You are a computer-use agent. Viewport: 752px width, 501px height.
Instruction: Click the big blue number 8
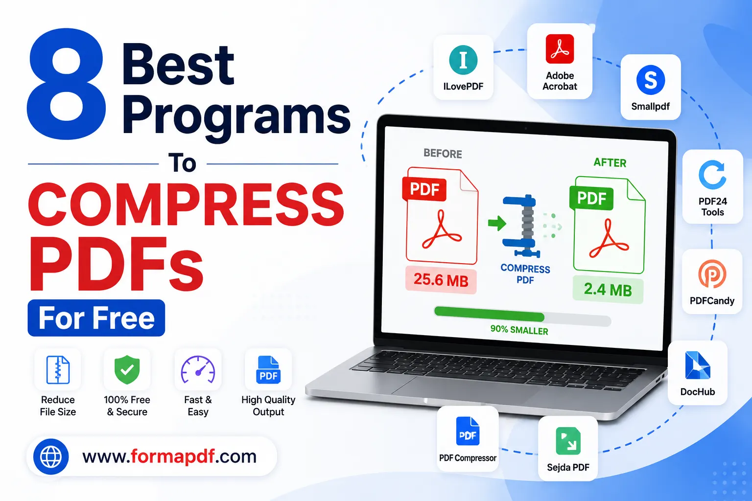click(x=67, y=84)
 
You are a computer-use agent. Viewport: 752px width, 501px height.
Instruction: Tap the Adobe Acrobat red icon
click(x=560, y=48)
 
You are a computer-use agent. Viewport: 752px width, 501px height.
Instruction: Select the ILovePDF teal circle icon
click(x=463, y=60)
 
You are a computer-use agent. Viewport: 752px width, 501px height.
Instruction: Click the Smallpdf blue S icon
click(x=651, y=80)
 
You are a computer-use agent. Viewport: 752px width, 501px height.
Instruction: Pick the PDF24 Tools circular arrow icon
click(x=712, y=175)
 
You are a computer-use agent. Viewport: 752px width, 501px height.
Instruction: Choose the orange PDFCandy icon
click(x=712, y=274)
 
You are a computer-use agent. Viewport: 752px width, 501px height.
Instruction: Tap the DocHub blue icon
click(x=697, y=365)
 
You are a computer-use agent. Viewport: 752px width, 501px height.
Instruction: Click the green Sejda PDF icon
click(x=568, y=441)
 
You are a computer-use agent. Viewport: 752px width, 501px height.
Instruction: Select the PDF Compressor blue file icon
click(x=468, y=431)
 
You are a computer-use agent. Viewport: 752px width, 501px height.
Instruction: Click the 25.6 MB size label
click(x=441, y=280)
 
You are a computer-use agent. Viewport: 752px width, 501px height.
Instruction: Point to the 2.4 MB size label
click(x=608, y=289)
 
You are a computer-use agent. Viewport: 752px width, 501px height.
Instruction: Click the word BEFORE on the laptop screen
click(x=443, y=153)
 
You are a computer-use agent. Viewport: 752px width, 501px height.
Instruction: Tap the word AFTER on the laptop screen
click(x=610, y=163)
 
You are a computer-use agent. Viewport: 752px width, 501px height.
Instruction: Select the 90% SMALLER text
click(x=519, y=330)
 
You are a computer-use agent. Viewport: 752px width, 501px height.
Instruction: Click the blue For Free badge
click(x=96, y=318)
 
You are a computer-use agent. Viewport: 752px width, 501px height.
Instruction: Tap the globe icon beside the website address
click(x=51, y=456)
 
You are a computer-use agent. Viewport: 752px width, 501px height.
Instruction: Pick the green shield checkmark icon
click(x=127, y=369)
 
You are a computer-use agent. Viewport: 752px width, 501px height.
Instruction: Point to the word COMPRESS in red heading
click(x=186, y=205)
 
